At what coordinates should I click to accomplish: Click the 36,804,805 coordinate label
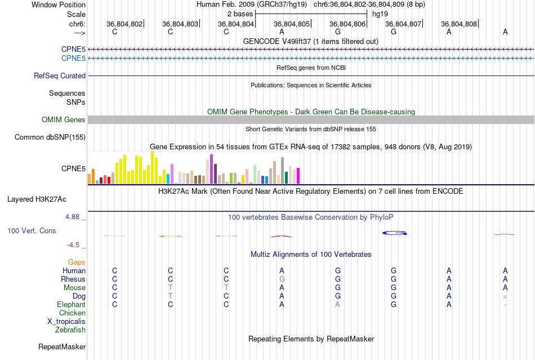click(292, 24)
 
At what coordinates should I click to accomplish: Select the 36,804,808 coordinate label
click(459, 24)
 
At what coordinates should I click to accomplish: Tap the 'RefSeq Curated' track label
click(60, 75)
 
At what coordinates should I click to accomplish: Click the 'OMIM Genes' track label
click(64, 119)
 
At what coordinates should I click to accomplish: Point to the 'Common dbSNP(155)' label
click(50, 137)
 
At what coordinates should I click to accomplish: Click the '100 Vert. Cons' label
click(32, 231)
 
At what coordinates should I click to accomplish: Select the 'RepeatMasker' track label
click(62, 346)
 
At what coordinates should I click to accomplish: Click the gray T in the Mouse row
click(171, 287)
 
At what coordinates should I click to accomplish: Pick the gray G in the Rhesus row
click(282, 279)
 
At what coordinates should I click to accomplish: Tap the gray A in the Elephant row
click(337, 304)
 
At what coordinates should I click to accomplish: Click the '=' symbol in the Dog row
click(505, 296)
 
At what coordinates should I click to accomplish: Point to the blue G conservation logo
click(394, 233)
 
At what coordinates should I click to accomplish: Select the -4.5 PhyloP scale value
click(74, 245)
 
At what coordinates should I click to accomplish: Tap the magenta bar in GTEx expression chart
click(298, 176)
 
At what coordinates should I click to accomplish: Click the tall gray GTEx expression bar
click(282, 170)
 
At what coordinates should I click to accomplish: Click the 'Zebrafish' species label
click(70, 330)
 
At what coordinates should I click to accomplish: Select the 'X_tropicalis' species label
click(66, 321)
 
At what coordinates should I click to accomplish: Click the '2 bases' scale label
click(240, 13)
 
